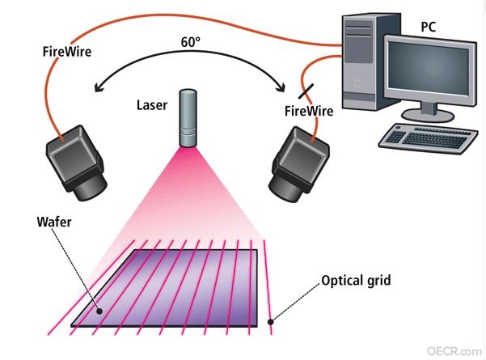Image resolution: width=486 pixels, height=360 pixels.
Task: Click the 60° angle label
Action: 191,42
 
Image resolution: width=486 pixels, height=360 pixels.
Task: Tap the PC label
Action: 429,27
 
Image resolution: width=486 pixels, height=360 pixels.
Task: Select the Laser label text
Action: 152,105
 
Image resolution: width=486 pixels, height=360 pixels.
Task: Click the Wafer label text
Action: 54,222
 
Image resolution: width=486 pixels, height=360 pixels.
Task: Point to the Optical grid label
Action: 356,281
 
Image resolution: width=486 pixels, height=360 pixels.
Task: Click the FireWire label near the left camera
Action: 67,52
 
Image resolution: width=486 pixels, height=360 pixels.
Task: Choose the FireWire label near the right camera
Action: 309,111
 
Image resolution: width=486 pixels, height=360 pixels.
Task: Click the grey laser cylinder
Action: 188,118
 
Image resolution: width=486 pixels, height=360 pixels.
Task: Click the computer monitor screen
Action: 429,69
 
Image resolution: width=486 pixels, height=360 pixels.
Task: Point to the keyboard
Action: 429,138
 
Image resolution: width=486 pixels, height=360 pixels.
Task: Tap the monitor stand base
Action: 428,116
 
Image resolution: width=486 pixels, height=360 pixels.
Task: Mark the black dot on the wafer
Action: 99,311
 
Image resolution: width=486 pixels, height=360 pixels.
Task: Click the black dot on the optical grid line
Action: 271,322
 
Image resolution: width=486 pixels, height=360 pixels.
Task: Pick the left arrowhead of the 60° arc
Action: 99,87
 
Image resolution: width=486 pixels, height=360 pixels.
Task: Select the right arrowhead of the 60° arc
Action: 281,87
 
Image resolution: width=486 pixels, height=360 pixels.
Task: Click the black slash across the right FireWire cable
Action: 306,91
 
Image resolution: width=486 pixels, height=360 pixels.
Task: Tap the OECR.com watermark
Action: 454,351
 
